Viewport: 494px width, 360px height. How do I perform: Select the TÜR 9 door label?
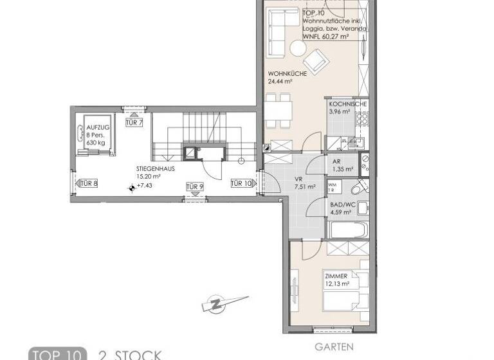(195, 187)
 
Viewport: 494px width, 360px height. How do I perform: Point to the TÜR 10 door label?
(241, 184)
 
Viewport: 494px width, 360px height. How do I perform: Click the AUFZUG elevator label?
(98, 128)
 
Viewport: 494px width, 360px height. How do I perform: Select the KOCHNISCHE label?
(347, 104)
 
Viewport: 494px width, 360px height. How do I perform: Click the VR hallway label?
(298, 179)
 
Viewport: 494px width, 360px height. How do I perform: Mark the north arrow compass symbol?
(222, 303)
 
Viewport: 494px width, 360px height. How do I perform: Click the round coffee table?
(298, 48)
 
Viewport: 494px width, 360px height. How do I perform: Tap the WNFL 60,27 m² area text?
(325, 37)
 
